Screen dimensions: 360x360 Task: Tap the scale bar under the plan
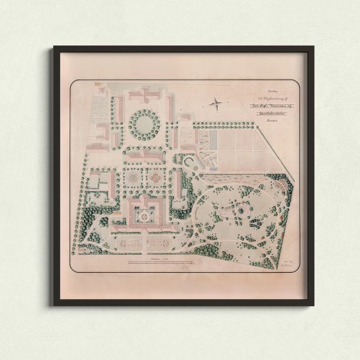(159, 260)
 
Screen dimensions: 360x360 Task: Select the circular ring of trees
(142, 122)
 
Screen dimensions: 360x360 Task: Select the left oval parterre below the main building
(128, 242)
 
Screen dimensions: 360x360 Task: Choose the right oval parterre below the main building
(158, 242)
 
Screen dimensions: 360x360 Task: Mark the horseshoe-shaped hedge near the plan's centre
(189, 161)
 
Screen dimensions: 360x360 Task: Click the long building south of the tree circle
(142, 154)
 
